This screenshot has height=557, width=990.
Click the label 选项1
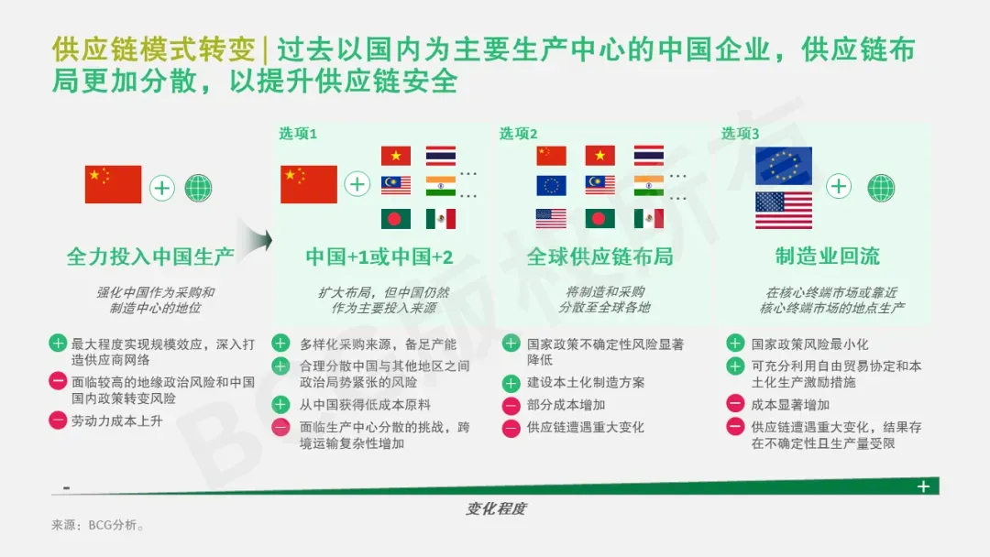click(298, 134)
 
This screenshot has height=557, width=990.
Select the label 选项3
click(740, 134)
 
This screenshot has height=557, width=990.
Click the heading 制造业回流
click(828, 257)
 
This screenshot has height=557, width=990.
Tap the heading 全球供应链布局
click(599, 257)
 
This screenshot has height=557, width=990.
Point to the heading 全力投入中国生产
click(150, 257)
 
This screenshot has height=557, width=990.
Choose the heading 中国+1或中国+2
click(379, 257)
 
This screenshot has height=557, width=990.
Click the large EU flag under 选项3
click(784, 165)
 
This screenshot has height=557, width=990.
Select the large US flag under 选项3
click(784, 210)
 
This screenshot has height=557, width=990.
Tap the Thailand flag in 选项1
click(441, 156)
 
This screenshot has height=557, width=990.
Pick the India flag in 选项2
click(649, 185)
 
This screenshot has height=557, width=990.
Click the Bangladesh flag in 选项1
click(396, 219)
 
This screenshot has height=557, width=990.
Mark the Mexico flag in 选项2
click(649, 218)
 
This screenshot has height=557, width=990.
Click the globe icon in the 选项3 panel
click(881, 188)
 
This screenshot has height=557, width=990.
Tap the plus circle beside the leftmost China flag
click(162, 188)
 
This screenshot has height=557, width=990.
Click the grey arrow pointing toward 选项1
click(255, 240)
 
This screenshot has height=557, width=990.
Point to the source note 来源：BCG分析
click(98, 525)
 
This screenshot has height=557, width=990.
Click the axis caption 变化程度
click(496, 508)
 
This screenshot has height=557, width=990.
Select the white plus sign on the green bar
click(923, 486)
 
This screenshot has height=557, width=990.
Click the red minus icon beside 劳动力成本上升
click(58, 420)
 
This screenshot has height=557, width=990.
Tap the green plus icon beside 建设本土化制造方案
click(511, 383)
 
